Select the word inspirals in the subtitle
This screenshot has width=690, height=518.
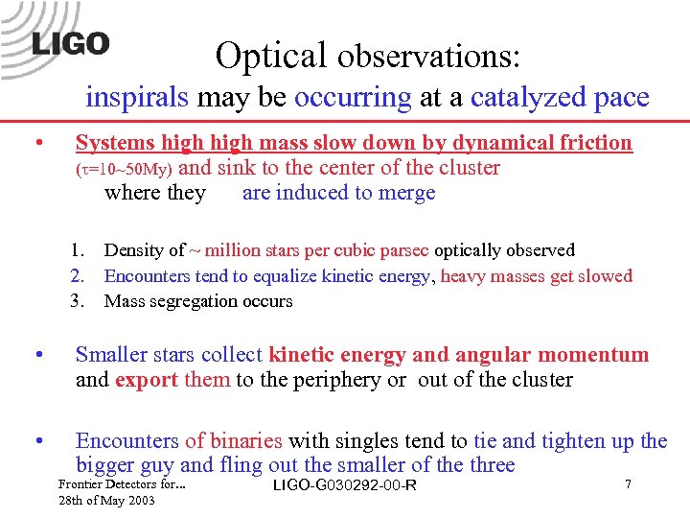(138, 98)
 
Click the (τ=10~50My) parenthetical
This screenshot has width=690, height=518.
(124, 170)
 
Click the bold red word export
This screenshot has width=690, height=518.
(147, 379)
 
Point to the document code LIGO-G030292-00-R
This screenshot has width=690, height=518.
(345, 485)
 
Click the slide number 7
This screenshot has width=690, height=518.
(628, 484)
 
